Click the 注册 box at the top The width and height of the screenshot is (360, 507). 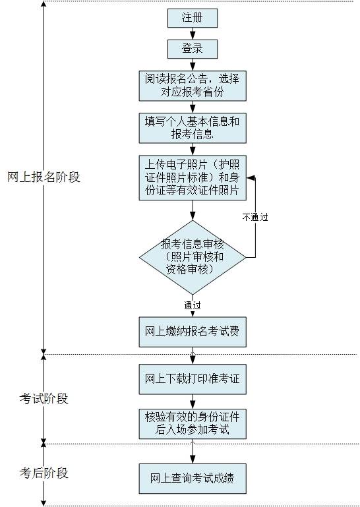[x=192, y=18]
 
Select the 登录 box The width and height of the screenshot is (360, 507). [x=192, y=49]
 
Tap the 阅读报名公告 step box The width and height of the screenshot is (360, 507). [x=192, y=85]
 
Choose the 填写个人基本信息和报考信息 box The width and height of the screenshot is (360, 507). [x=192, y=128]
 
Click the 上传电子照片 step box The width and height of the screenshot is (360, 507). [x=192, y=177]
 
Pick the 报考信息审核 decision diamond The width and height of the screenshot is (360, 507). [x=192, y=256]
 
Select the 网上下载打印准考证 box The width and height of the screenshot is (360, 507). [x=192, y=380]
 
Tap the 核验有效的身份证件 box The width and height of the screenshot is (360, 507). [x=192, y=424]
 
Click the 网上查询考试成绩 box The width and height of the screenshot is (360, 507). [x=192, y=477]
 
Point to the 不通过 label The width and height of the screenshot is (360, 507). [x=255, y=216]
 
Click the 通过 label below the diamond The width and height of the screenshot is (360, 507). [x=192, y=305]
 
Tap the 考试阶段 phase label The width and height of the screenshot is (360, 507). [x=44, y=399]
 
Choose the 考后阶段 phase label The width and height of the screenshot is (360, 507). [x=44, y=473]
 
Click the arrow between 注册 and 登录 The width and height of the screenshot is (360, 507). [x=192, y=34]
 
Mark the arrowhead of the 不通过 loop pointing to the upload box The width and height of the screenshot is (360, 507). [x=250, y=177]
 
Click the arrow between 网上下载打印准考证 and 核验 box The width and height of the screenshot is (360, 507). [x=192, y=402]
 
